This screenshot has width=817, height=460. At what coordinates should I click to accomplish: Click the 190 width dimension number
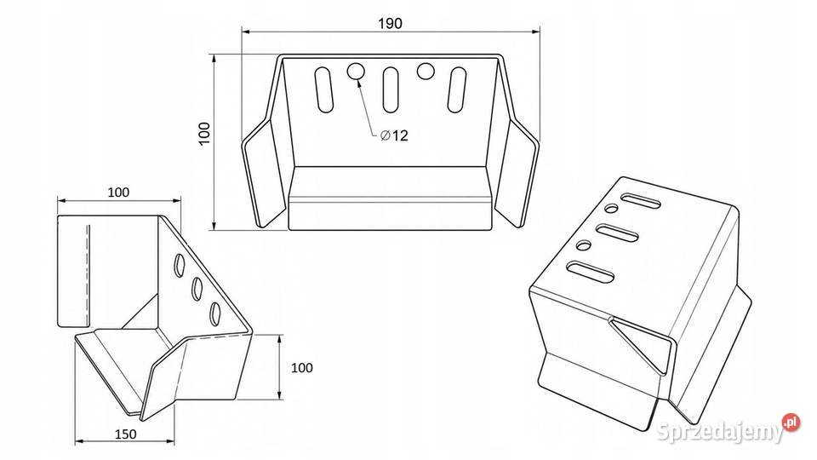click(x=391, y=24)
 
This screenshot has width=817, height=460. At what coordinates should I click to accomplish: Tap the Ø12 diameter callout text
click(x=394, y=135)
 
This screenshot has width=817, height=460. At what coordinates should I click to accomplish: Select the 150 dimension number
click(x=125, y=434)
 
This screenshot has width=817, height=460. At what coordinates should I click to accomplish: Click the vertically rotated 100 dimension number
click(x=204, y=133)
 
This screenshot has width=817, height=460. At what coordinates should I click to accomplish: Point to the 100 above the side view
click(x=118, y=192)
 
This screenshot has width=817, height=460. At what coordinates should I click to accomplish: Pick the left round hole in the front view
click(x=357, y=72)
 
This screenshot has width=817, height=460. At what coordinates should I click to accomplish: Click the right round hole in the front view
click(x=426, y=72)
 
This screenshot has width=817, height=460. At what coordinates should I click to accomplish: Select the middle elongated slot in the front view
click(x=391, y=89)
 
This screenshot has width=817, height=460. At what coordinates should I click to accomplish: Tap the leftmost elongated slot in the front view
click(x=323, y=89)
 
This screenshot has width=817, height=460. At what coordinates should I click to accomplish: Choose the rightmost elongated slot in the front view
click(x=458, y=89)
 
